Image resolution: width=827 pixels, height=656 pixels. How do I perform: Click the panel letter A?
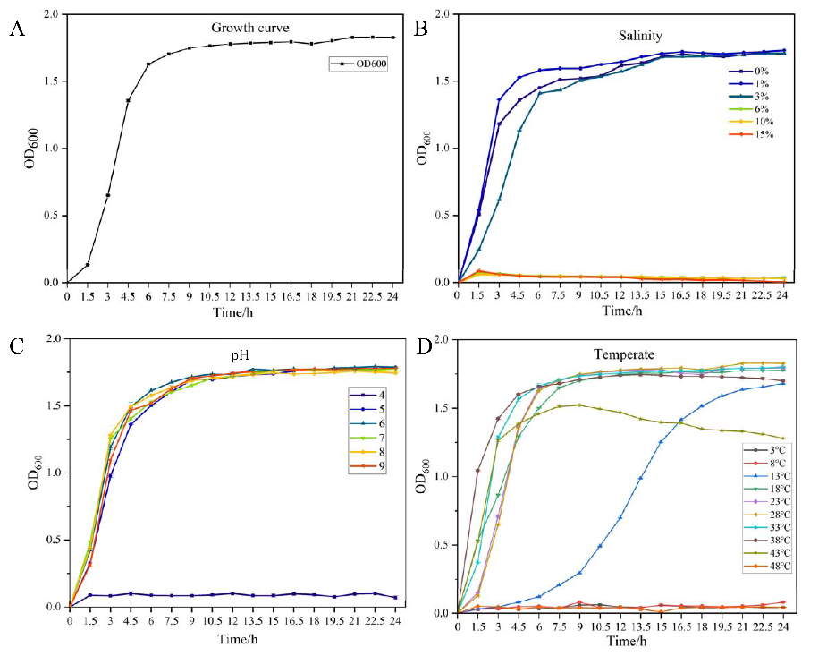[x=16, y=30]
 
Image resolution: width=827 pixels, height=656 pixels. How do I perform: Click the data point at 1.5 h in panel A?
[x=88, y=264]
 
